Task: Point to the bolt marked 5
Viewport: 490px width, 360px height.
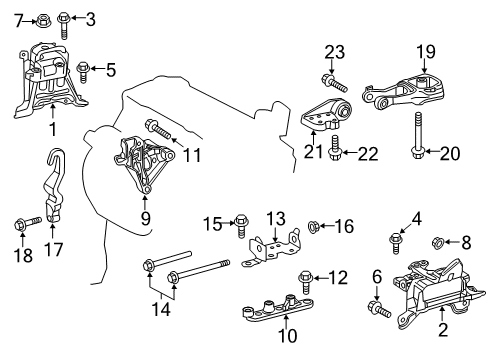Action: click(x=83, y=69)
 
